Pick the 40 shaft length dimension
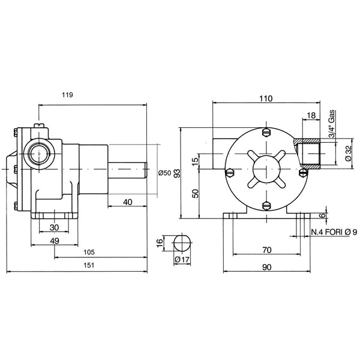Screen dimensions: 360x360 tap(127, 202)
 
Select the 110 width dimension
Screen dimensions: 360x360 tap(266, 99)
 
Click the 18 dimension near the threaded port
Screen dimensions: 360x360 tap(311, 116)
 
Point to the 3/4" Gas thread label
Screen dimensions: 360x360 tap(333, 124)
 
